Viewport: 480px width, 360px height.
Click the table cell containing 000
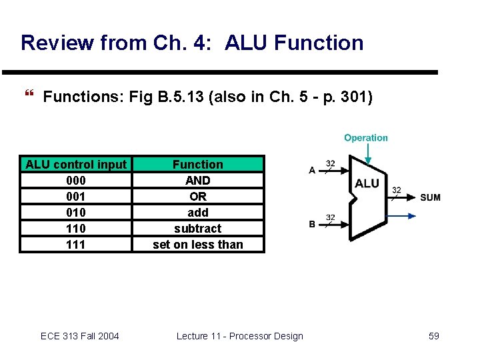76,180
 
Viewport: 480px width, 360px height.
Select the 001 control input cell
76,196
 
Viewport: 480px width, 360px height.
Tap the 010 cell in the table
76,212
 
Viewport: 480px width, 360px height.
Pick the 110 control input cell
76,228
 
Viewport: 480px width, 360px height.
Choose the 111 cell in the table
76,244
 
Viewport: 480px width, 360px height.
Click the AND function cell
198,180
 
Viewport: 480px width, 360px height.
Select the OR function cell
198,196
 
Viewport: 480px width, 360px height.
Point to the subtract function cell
198,228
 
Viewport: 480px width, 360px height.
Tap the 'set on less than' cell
198,244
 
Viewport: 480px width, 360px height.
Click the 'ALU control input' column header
76,164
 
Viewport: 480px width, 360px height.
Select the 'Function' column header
198,164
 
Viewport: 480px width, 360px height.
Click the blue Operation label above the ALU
365,138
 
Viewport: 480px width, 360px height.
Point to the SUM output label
430,197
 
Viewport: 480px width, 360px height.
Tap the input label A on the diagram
311,171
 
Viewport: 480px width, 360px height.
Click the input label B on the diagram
312,225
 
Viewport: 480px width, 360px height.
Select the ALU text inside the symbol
367,183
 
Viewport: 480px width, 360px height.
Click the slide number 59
433,336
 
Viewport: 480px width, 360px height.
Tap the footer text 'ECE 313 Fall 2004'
80,336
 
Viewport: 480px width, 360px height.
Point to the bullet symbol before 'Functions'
28,97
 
